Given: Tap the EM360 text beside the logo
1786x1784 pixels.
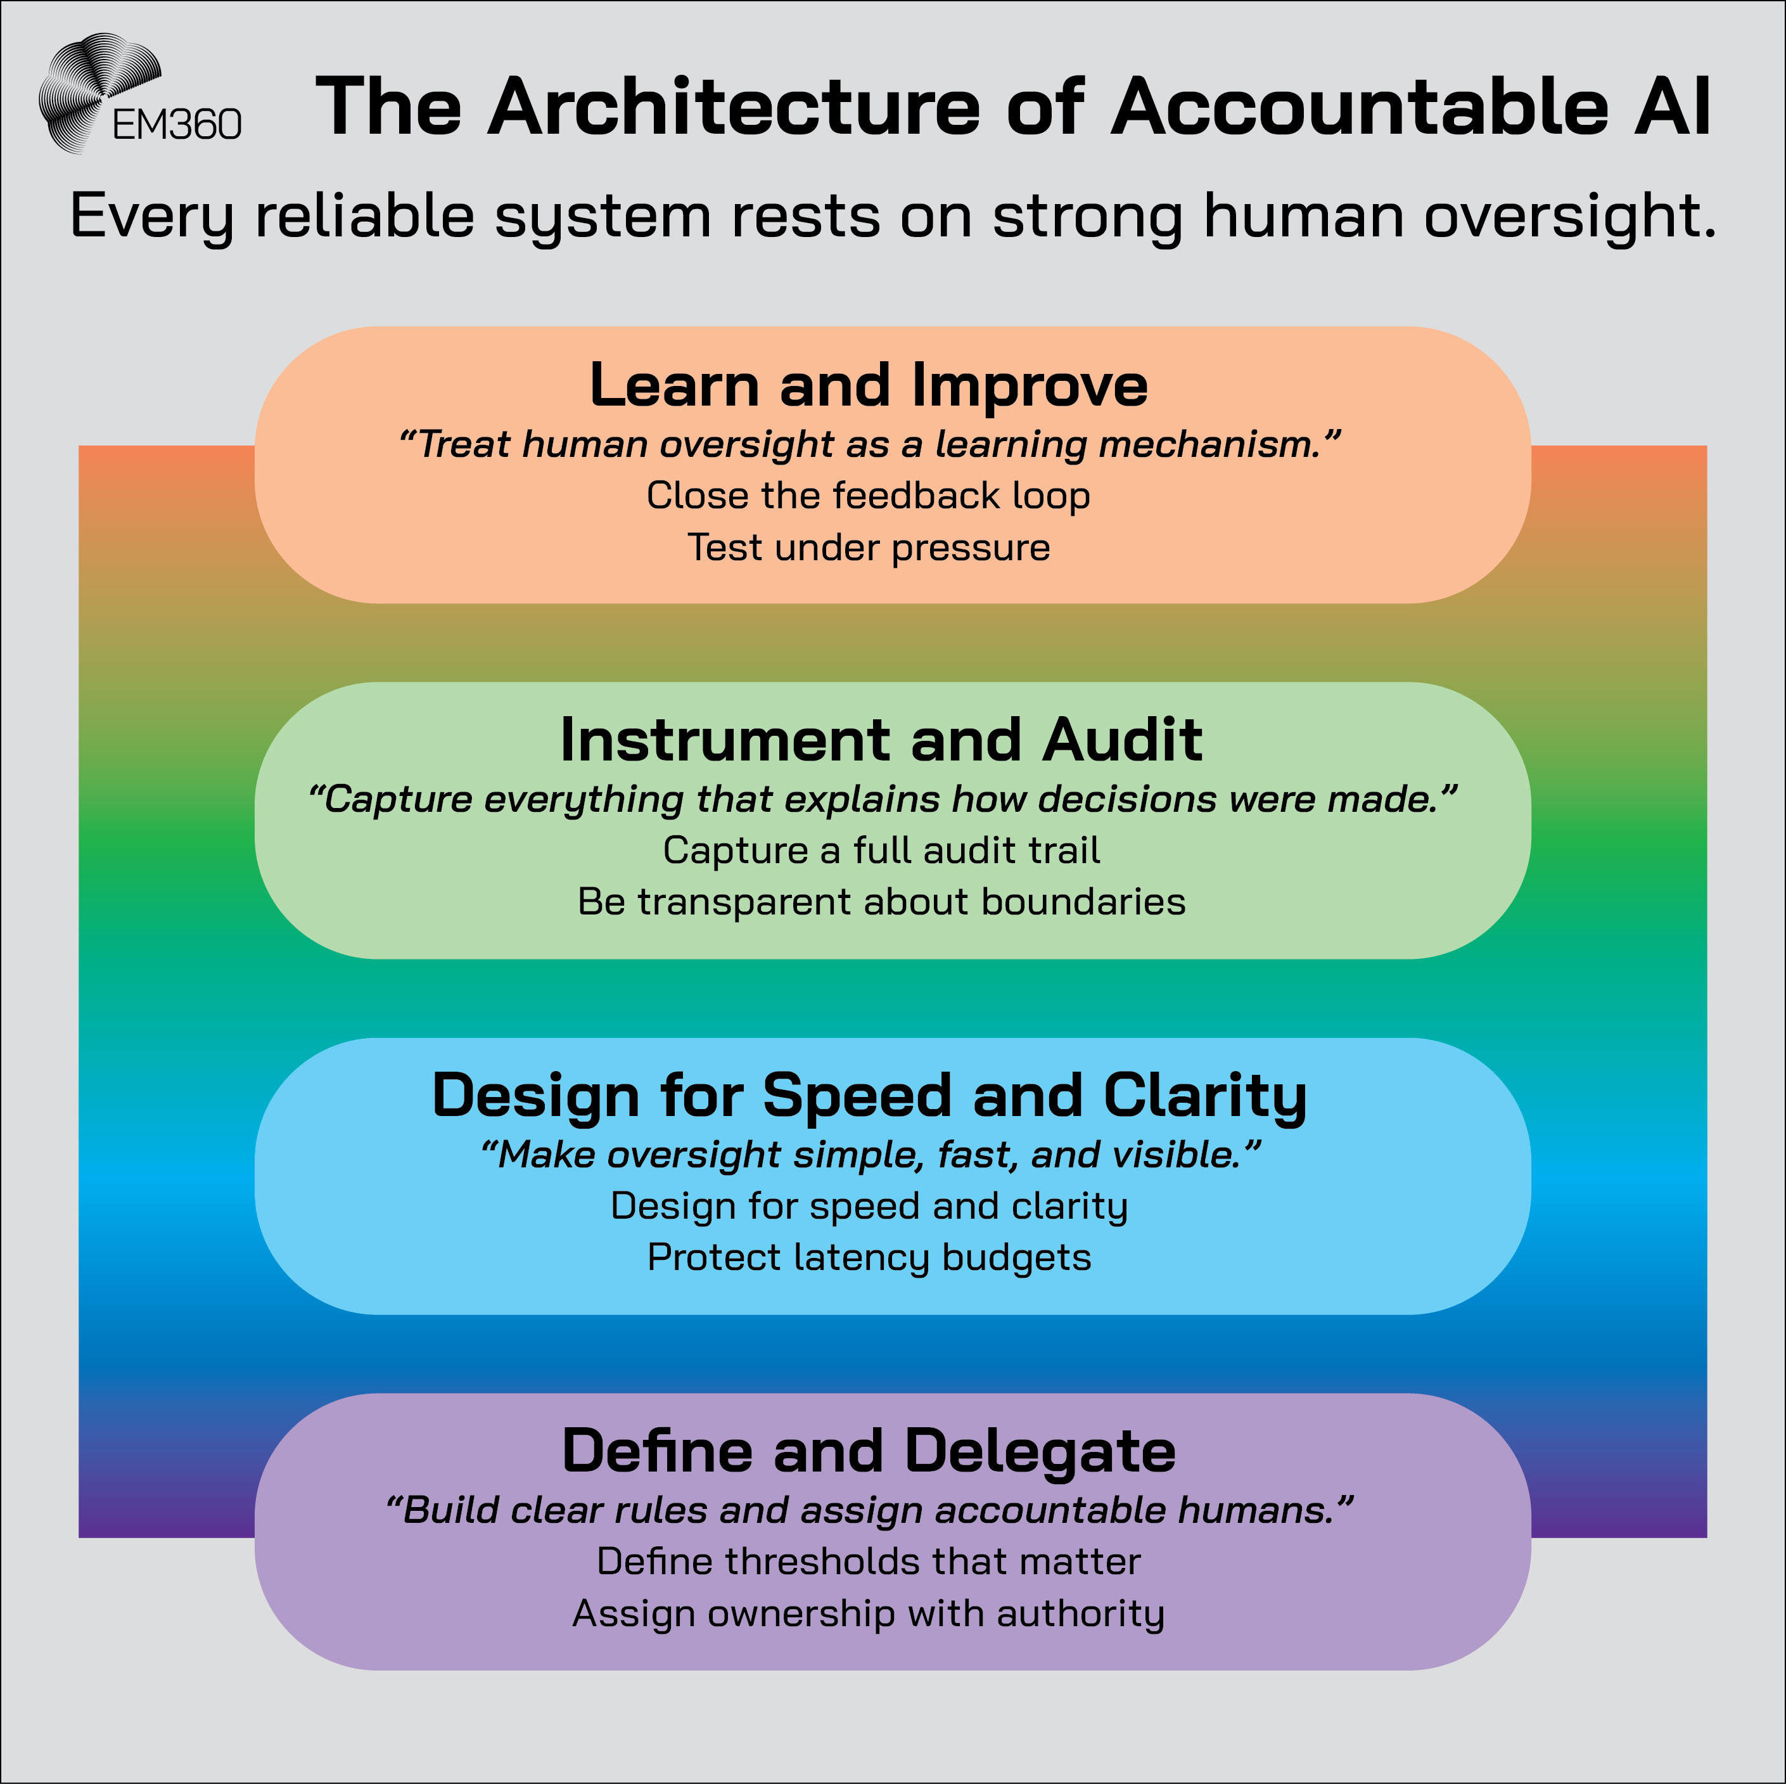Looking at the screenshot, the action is point(177,125).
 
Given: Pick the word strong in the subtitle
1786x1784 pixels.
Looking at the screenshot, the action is point(1087,218).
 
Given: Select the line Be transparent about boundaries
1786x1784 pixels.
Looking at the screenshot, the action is point(881,902).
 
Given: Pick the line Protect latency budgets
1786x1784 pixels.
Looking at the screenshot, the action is point(869,1258).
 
